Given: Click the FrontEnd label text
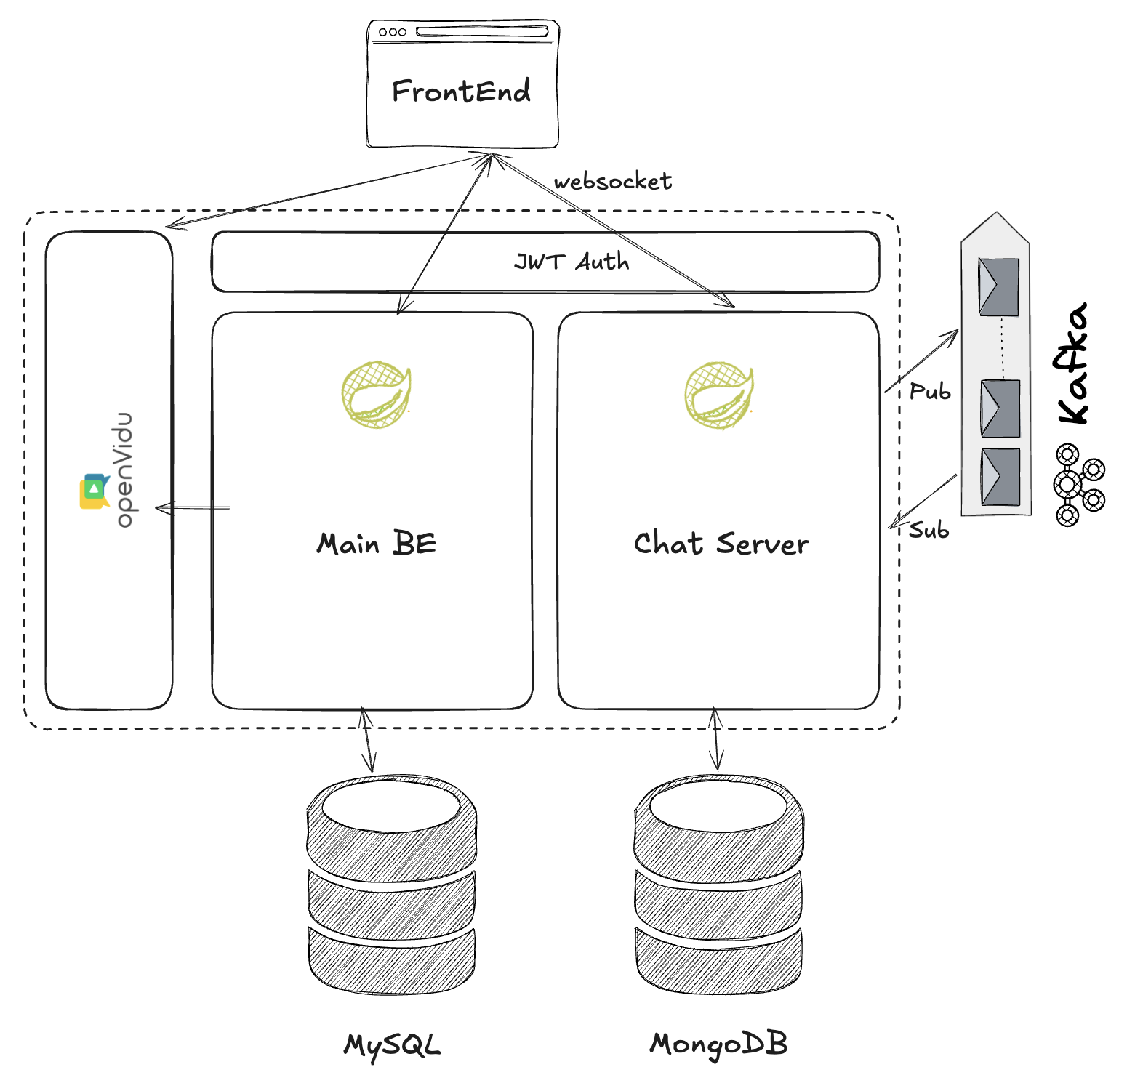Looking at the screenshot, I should (461, 92).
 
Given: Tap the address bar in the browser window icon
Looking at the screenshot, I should (481, 32).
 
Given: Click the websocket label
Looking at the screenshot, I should (612, 182).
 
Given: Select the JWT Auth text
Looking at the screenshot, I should (571, 262).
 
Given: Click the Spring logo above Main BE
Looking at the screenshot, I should (376, 395).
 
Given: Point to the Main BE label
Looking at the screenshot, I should (376, 544).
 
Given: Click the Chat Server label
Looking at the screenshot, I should (721, 544).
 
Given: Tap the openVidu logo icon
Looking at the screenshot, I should (94, 491).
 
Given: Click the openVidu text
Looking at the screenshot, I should (124, 470).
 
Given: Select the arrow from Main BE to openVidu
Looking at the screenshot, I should (193, 507).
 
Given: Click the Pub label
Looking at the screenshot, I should (930, 392).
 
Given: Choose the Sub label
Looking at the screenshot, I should (929, 531).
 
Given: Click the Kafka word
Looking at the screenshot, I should (1072, 363).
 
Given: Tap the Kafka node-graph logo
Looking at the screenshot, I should (1078, 484).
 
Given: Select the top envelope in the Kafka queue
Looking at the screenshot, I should (998, 286).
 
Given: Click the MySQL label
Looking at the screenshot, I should (392, 1045).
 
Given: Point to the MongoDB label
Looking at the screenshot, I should (718, 1044).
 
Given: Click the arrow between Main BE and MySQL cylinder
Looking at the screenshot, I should (368, 740).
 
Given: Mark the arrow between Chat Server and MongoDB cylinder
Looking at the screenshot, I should (716, 739).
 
